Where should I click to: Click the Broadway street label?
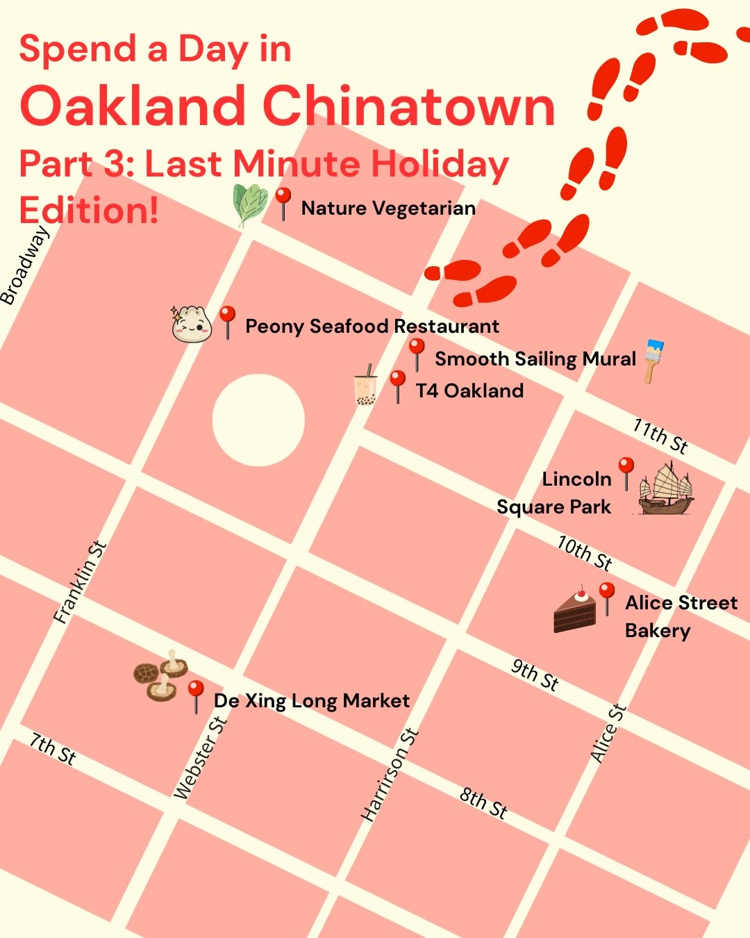[x=25, y=266]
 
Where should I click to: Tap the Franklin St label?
[x=81, y=582]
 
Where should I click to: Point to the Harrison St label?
[x=390, y=775]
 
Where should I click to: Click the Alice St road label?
[x=608, y=734]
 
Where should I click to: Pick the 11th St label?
[x=660, y=436]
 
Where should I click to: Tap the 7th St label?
[x=52, y=748]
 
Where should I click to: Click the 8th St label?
[x=483, y=803]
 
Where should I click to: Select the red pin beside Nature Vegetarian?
[x=283, y=203]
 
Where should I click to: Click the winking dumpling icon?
[x=191, y=324]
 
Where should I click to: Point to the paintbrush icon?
[x=653, y=360]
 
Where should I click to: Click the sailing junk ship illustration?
[x=665, y=489]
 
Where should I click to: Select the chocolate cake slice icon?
[x=576, y=610]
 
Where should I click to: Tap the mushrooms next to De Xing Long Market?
[x=160, y=675]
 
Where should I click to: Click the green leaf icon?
[x=250, y=204]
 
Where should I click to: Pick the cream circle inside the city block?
[x=258, y=420]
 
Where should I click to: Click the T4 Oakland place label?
[x=469, y=390]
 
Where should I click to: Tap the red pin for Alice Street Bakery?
[x=606, y=598]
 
